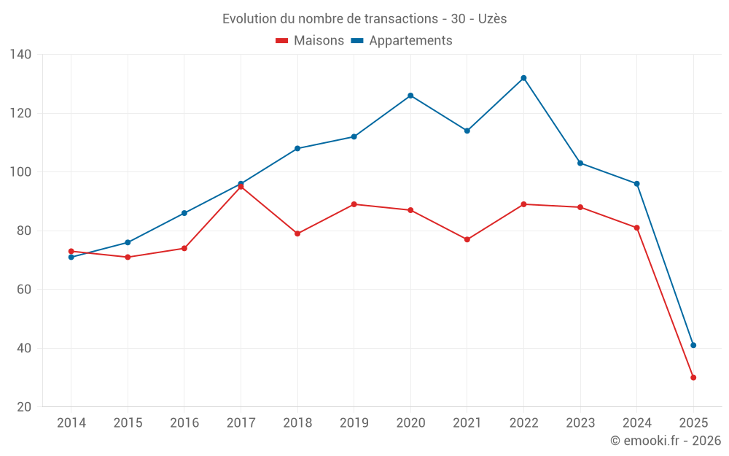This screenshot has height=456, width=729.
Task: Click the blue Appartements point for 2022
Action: (523, 78)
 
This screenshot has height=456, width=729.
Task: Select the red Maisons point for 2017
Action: (241, 187)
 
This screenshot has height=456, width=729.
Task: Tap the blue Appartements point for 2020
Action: (410, 96)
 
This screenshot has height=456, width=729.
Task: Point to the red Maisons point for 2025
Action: (693, 377)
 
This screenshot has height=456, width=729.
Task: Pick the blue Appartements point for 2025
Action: (693, 345)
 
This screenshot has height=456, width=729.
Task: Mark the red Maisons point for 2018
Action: (297, 233)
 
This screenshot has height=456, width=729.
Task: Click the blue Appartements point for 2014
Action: (71, 257)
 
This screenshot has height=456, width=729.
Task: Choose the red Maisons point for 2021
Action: (467, 239)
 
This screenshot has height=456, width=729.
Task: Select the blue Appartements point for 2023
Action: (580, 163)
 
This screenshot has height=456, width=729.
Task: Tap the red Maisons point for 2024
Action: (636, 228)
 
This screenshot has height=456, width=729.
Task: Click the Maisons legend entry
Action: (311, 41)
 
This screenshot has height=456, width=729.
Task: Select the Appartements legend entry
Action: (402, 41)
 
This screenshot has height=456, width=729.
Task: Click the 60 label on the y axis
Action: (24, 290)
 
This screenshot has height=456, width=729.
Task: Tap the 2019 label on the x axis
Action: (354, 423)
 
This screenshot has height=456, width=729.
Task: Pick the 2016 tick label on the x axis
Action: (184, 423)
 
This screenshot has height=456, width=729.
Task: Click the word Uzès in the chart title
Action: (493, 19)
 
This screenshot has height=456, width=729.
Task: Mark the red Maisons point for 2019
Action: (354, 204)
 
